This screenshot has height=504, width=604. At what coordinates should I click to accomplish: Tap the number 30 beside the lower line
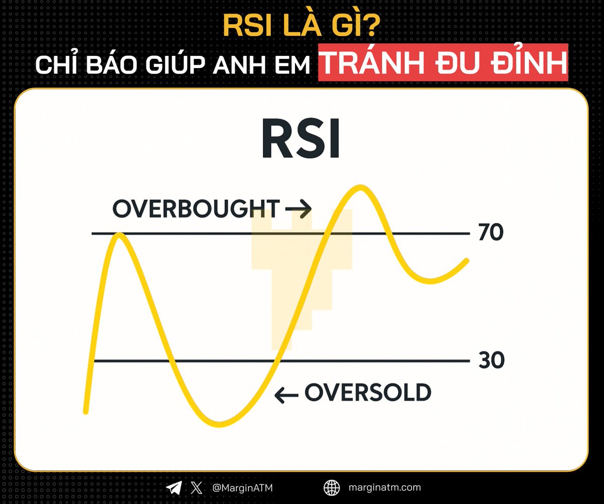click(x=491, y=361)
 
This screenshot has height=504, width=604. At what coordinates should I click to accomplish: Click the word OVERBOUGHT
click(x=196, y=209)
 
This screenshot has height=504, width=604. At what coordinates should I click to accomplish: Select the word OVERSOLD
click(x=368, y=393)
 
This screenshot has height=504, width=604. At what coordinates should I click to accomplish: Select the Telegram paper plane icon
click(x=175, y=487)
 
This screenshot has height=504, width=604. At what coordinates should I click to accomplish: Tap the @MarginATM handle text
click(x=243, y=487)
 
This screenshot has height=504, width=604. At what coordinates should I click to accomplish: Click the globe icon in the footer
click(x=332, y=487)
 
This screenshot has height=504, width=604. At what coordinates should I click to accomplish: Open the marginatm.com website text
click(x=385, y=487)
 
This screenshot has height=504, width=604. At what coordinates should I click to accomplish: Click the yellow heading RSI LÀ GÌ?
click(x=302, y=28)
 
